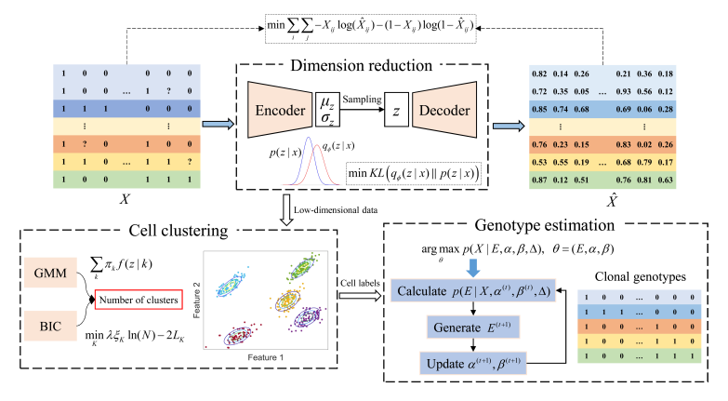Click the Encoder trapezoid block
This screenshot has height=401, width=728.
(279, 109)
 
